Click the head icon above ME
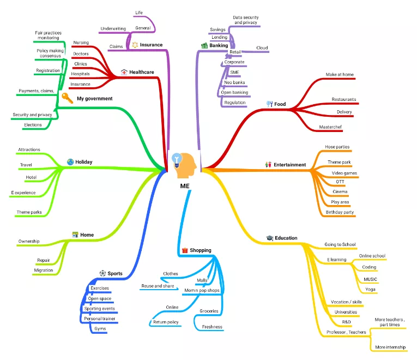[184, 165]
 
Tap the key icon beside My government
[67, 98]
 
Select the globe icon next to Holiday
[70, 162]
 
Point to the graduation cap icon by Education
[269, 238]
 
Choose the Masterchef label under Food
[331, 127]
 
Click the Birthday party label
[340, 212]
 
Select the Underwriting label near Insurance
[114, 28]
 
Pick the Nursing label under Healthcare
[81, 43]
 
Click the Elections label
[33, 125]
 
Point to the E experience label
[23, 193]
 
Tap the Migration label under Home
[44, 270]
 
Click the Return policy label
[166, 322]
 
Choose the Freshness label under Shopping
[212, 327]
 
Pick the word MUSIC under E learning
[370, 279]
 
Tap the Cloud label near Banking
[262, 48]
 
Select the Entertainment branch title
[289, 164]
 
